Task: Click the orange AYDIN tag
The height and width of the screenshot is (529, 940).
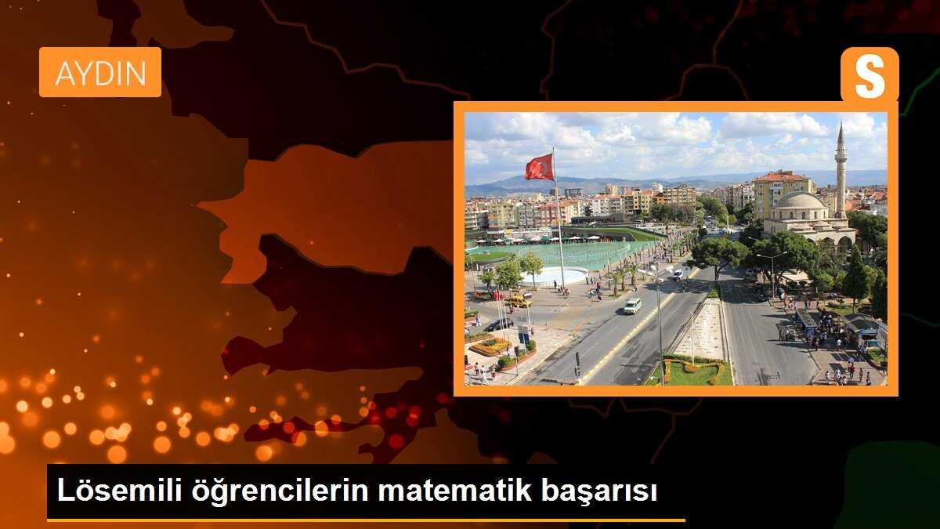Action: [x=100, y=72]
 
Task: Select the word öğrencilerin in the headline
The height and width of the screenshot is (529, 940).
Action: [x=272, y=491]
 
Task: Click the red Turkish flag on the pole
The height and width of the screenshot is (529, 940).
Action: [x=540, y=167]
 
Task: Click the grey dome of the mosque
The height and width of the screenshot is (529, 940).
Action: [x=800, y=202]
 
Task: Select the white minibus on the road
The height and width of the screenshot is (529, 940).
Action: [x=633, y=306]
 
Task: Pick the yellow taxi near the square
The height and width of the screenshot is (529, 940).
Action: [x=519, y=300]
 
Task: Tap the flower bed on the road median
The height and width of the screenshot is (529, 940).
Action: [x=691, y=371]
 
